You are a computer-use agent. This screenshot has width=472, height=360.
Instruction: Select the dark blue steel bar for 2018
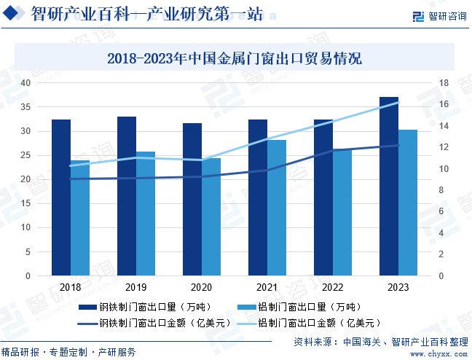coord(61,197)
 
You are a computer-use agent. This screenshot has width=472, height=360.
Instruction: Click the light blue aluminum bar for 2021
coord(277,208)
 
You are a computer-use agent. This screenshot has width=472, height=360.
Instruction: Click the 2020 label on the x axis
coord(202,287)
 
